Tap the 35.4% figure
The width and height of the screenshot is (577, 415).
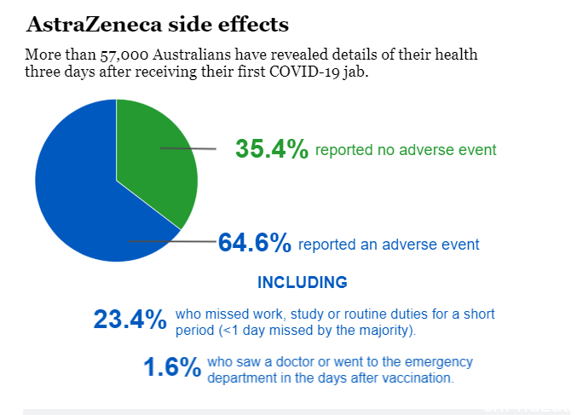point(272,149)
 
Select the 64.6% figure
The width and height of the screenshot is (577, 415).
point(255,243)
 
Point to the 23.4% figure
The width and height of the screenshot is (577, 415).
point(130,319)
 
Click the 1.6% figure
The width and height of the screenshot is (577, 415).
point(172,366)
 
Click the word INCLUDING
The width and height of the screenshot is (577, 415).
point(302,283)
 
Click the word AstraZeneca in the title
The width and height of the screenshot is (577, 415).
point(94,25)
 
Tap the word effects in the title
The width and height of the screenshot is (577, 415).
point(253,25)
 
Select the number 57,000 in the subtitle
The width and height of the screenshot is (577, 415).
point(124,55)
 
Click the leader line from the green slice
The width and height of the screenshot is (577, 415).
point(188,148)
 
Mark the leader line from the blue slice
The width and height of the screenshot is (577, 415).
point(172,241)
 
